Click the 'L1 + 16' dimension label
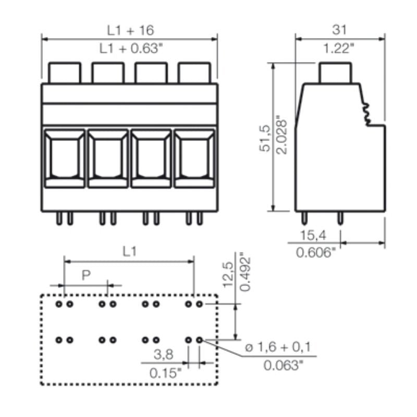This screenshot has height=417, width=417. tap(130, 30)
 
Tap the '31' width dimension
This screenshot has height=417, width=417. tap(339, 30)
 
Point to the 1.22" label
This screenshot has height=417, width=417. tap(339, 48)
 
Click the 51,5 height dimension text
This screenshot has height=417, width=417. tap(265, 138)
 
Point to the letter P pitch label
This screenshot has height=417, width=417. tap(86, 275)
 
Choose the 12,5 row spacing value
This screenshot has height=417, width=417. tap(228, 274)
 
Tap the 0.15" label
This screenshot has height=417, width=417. tap(165, 373)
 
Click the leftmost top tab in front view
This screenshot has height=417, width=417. tap(65, 73)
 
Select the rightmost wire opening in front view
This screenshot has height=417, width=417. tap(193, 158)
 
